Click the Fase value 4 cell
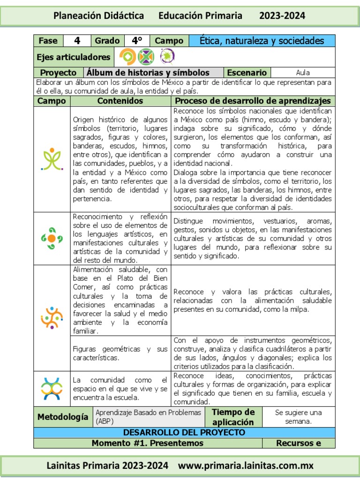pyautogui.click(x=77, y=41)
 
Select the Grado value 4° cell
pyautogui.click(x=137, y=41)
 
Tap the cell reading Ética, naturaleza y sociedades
pyautogui.click(x=262, y=41)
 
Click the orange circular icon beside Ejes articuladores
pyautogui.click(x=127, y=57)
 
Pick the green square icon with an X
pyautogui.click(x=146, y=57)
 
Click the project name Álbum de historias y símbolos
pyautogui.click(x=148, y=73)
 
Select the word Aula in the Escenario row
pyautogui.click(x=303, y=73)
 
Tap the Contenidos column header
pyautogui.click(x=120, y=101)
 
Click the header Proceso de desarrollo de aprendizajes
pyautogui.click(x=253, y=101)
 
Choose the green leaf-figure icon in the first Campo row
pyautogui.click(x=52, y=159)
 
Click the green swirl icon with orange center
pyautogui.click(x=52, y=238)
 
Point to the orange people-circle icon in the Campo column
pyautogui.click(x=52, y=317)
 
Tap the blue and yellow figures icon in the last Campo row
pyautogui.click(x=52, y=388)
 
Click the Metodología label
pyautogui.click(x=63, y=417)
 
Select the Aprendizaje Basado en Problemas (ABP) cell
pyautogui.click(x=148, y=417)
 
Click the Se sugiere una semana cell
pyautogui.click(x=299, y=417)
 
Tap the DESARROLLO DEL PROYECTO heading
pyautogui.click(x=184, y=432)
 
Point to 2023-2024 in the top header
pyautogui.click(x=282, y=15)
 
